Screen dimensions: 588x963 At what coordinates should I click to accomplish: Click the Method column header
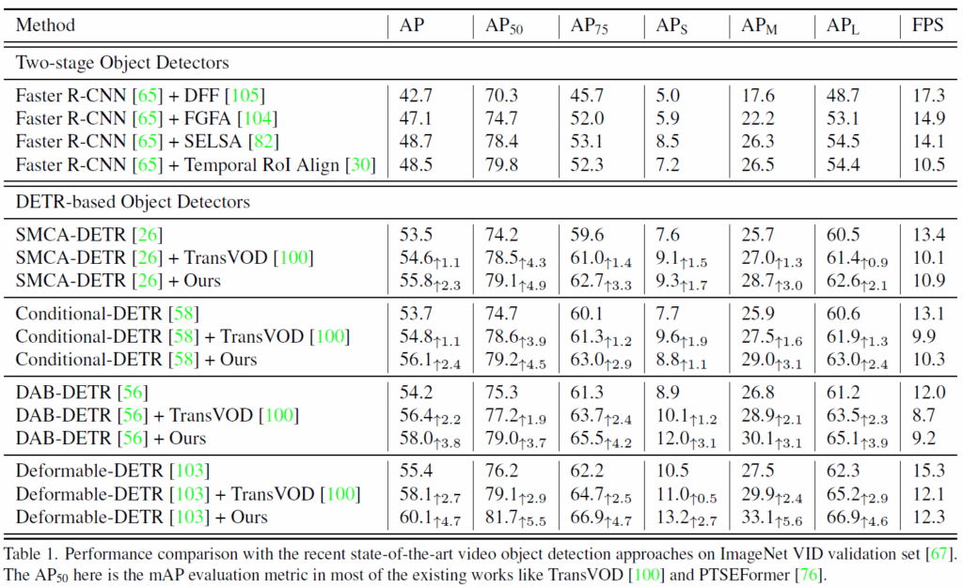pyautogui.click(x=45, y=25)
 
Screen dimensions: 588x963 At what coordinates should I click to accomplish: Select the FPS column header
pyautogui.click(x=927, y=25)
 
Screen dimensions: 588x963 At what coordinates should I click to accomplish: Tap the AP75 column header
pyautogui.click(x=589, y=26)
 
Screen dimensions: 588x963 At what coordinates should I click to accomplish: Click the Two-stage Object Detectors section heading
pyautogui.click(x=122, y=64)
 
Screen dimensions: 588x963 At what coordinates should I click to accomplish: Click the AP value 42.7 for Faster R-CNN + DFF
pyautogui.click(x=416, y=95)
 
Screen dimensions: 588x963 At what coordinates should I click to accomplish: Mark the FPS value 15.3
pyautogui.click(x=928, y=471)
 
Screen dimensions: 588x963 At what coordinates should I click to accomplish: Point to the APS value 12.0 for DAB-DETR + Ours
pyautogui.click(x=671, y=438)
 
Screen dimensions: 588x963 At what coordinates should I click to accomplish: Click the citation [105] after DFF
pyautogui.click(x=250, y=95)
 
